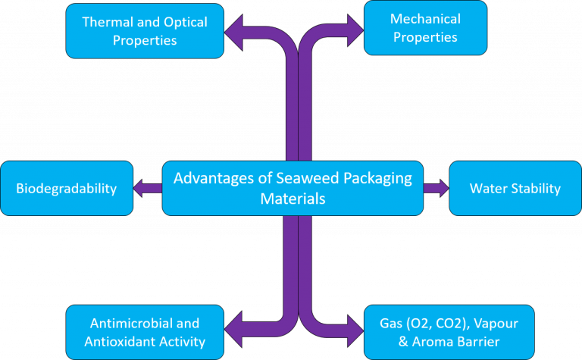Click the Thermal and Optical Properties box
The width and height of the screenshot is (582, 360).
click(145, 31)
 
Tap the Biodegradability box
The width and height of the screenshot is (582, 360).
click(67, 188)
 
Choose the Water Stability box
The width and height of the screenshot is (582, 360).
click(515, 188)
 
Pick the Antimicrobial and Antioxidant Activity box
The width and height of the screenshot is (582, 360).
click(145, 332)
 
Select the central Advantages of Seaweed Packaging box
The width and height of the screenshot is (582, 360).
click(293, 188)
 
